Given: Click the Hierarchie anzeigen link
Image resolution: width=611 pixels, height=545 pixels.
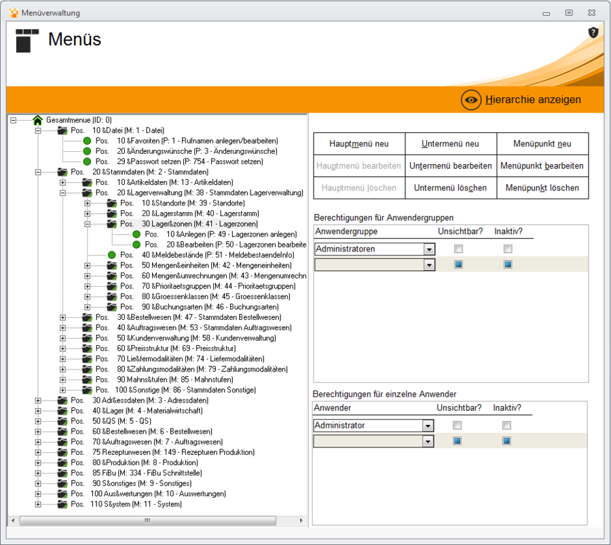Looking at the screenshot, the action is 533,100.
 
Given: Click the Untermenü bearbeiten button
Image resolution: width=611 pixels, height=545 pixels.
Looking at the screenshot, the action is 451,165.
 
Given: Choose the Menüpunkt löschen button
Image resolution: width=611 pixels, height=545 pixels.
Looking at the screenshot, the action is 542,188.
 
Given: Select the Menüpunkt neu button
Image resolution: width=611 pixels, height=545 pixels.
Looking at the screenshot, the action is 542,144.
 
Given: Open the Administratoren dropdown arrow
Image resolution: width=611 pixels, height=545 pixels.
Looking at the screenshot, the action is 429,249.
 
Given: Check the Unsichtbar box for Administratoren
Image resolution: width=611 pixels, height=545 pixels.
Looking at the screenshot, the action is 459,249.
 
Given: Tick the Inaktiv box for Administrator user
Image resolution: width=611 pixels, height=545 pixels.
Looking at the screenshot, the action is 506,425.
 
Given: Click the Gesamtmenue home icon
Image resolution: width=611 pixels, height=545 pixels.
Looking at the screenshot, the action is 38,120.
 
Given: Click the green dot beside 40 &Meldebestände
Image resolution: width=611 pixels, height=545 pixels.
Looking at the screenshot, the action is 112,255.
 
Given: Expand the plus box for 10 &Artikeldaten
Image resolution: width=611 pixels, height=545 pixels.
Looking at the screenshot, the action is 62,182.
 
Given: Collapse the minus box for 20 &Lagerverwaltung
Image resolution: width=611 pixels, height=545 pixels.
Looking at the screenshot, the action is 62,193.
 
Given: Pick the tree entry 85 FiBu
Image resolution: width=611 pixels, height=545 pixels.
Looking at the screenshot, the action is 147,473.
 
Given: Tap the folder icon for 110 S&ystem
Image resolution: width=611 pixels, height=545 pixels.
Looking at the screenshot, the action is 62,504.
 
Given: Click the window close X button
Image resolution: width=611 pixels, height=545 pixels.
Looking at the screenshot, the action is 591,12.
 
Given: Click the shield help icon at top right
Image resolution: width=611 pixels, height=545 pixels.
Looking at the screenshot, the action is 593,33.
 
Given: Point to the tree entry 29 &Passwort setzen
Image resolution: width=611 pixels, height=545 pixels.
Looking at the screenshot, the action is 190,161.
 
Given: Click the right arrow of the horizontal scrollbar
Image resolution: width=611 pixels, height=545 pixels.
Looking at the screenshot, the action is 301,521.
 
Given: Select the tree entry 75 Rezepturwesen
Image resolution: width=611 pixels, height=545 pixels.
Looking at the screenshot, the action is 173,452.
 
